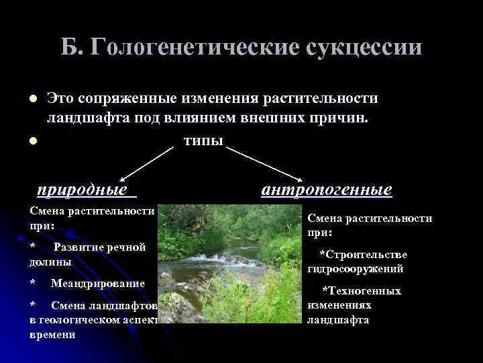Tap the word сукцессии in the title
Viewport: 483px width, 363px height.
pyautogui.click(x=366, y=48)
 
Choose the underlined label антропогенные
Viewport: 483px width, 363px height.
pyautogui.click(x=327, y=190)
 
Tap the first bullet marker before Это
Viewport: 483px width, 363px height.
pyautogui.click(x=32, y=99)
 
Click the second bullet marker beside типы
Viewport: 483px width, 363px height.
pyautogui.click(x=32, y=140)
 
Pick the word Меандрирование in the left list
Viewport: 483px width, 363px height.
pyautogui.click(x=98, y=283)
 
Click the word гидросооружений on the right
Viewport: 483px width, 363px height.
pyautogui.click(x=355, y=269)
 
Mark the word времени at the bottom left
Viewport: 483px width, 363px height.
pyautogui.click(x=53, y=335)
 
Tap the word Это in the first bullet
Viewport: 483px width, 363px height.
pyautogui.click(x=59, y=98)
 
